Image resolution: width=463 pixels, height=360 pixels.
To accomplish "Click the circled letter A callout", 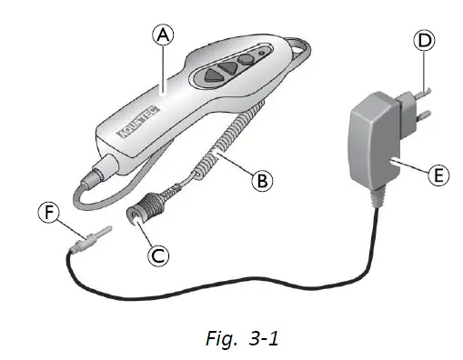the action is [163, 35].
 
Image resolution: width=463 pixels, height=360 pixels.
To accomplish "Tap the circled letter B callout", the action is [262, 181].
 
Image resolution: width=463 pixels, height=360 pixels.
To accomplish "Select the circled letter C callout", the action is [158, 255].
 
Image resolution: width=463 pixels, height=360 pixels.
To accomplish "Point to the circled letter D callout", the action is [424, 41].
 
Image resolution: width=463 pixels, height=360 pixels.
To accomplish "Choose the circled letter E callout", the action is [438, 175].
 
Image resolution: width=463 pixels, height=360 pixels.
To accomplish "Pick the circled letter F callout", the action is [49, 212].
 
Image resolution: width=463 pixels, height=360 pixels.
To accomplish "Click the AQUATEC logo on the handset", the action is [138, 122].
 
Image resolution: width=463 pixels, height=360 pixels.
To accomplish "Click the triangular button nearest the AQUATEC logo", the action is [213, 75].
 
